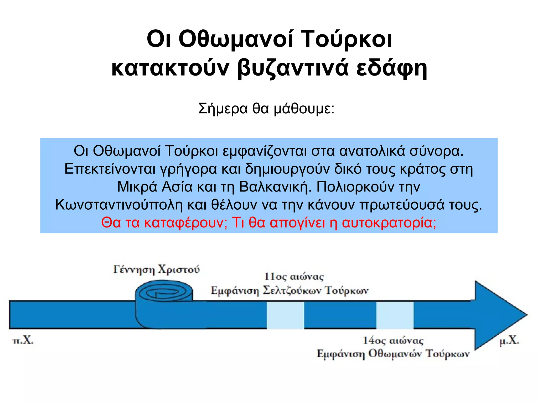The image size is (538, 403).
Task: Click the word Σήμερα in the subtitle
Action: [x=223, y=108]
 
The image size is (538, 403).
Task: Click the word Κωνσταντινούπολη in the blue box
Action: [x=119, y=204]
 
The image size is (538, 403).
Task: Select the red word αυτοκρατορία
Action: [x=389, y=222]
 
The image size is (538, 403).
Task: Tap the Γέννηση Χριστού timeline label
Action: [x=156, y=269]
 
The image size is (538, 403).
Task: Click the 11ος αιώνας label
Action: [x=294, y=277]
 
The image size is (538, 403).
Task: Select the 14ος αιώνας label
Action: [x=393, y=341]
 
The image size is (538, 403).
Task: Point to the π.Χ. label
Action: [x=23, y=341]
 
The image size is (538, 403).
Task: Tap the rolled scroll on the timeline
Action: [x=164, y=302]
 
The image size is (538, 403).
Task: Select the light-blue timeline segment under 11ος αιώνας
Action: [x=285, y=315]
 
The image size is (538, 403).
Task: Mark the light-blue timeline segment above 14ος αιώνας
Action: [x=395, y=315]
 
